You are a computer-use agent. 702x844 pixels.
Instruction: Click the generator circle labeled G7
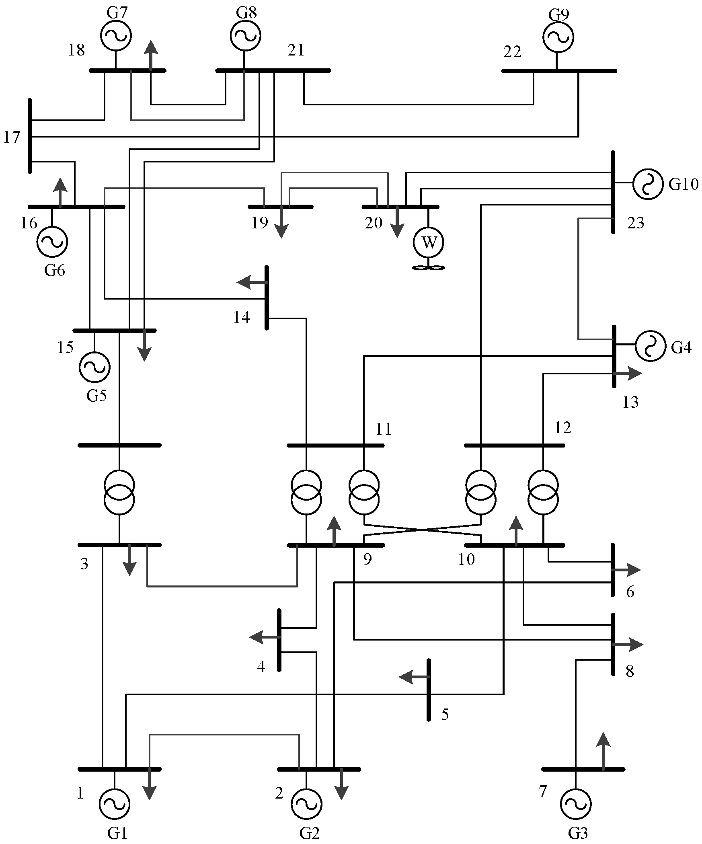pos(115,35)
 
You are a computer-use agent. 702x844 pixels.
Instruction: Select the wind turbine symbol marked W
pos(429,243)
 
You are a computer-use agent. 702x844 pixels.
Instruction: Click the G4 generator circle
pos(650,345)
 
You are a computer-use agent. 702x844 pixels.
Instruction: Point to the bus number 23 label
pos(635,223)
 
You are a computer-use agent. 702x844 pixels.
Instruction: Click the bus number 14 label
pos(242,318)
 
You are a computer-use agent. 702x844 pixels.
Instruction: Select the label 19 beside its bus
pos(259,223)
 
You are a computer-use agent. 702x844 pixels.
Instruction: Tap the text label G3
pos(578,834)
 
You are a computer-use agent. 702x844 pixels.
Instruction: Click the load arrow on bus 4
pos(263,637)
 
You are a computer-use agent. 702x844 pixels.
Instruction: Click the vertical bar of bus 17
pos(30,136)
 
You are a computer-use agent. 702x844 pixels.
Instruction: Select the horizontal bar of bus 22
pos(559,71)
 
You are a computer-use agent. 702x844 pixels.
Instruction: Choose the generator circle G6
pos(52,241)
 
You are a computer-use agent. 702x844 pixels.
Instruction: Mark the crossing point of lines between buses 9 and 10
pos(422,530)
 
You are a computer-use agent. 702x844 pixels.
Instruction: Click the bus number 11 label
pos(384,429)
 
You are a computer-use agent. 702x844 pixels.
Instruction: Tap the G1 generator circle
pos(114,804)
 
